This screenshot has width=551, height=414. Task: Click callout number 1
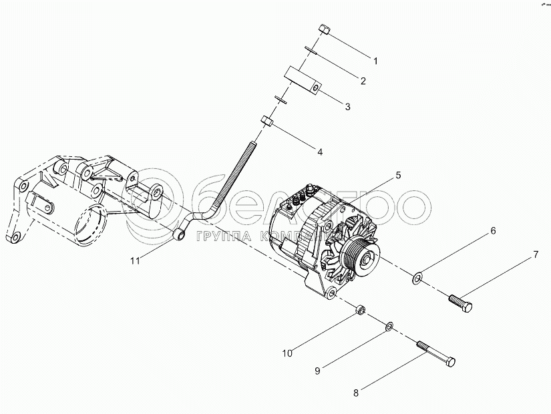375,61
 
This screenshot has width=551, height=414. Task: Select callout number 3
347,106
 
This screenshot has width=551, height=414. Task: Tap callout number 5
397,175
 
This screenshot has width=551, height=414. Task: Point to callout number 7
534,255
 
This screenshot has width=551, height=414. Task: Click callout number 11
136,261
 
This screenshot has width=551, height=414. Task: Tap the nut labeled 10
359,309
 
